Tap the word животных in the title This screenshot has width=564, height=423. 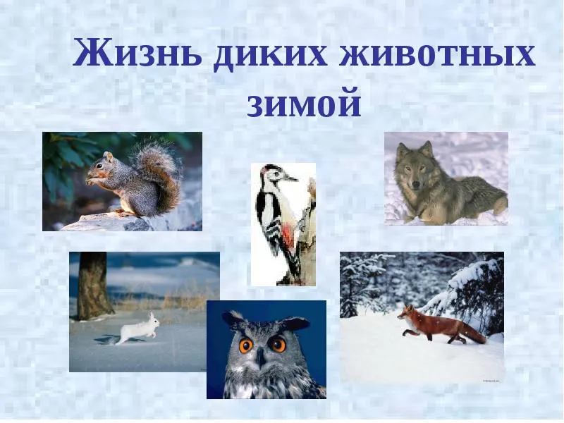coord(437,54)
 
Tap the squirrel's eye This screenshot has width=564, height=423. coord(99,166)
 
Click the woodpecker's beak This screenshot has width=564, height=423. coord(290,178)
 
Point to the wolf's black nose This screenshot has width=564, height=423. coord(415,185)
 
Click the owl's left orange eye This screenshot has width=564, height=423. coord(246,345)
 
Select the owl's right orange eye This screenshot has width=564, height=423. coord(278,344)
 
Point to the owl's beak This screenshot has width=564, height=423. coord(261,358)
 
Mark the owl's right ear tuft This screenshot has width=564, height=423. coord(295,323)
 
